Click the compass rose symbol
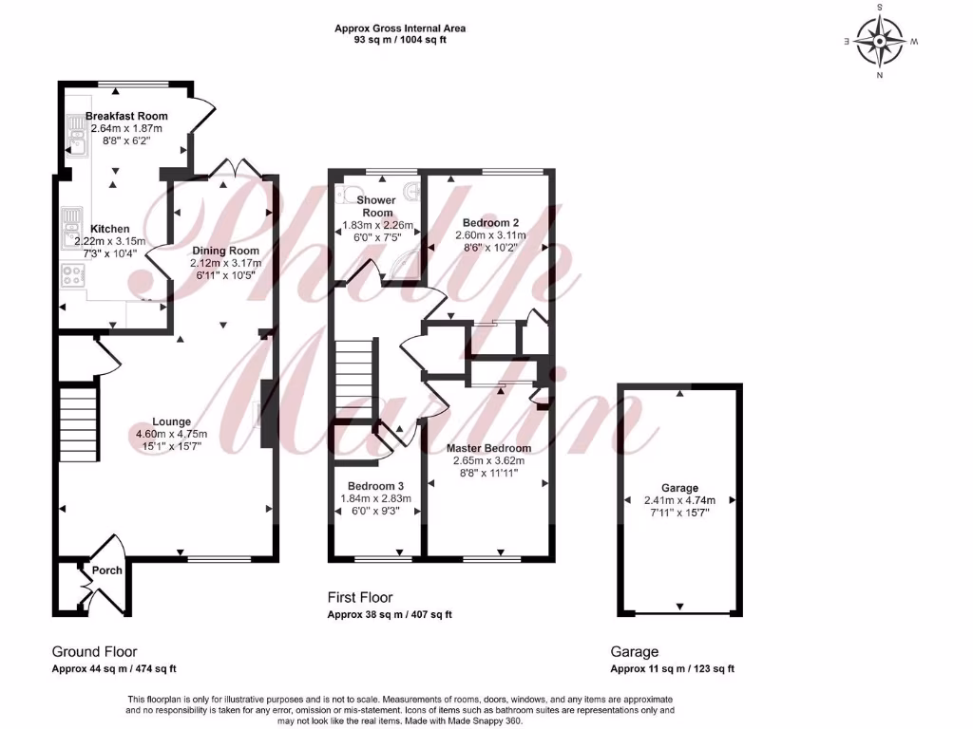coord(880,41)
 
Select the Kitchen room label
coord(110,229)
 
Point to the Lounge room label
coord(171,421)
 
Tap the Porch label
coord(106,570)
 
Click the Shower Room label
coord(375,207)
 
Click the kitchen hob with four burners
coord(72,276)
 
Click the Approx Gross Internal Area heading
coord(400,28)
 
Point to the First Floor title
coord(360,598)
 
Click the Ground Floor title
coord(94,652)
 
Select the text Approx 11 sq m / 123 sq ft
coord(672,669)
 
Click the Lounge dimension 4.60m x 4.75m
coord(171,434)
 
